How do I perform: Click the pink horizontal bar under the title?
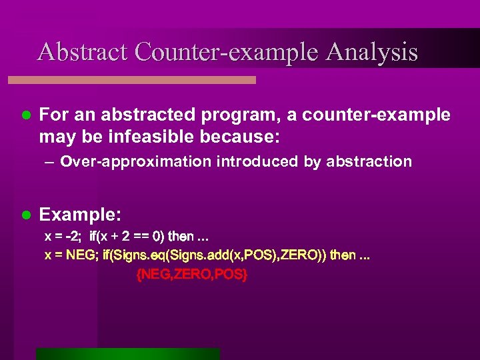click(132, 79)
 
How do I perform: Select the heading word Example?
click(80, 215)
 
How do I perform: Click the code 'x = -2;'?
click(64, 237)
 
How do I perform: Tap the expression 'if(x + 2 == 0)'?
click(127, 237)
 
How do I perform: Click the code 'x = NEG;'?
click(70, 255)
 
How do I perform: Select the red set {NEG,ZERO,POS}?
click(191, 274)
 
